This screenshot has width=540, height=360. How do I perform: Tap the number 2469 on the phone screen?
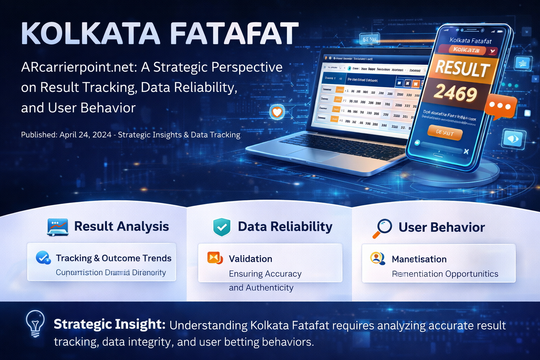point(455,93)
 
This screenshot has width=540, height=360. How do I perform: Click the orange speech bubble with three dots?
point(500,106)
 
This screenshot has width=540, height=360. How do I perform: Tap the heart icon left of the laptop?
point(277,112)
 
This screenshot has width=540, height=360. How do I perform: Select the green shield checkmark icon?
point(222,227)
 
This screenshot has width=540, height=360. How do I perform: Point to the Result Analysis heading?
point(121,226)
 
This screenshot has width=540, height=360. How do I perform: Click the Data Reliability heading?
point(285,227)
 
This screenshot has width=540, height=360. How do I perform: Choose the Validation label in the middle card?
point(250,259)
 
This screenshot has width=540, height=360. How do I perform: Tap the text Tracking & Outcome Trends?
point(114,258)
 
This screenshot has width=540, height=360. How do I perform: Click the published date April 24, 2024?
point(85,135)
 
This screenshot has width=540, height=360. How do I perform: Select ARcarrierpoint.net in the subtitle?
point(79,67)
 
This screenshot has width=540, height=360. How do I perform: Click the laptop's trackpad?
point(308,154)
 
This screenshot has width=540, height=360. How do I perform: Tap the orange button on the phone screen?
point(445,133)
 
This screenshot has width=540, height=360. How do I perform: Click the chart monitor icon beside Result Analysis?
point(57,227)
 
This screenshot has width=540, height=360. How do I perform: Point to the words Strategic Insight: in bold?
point(109,324)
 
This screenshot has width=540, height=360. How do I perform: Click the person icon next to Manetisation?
point(377,259)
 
